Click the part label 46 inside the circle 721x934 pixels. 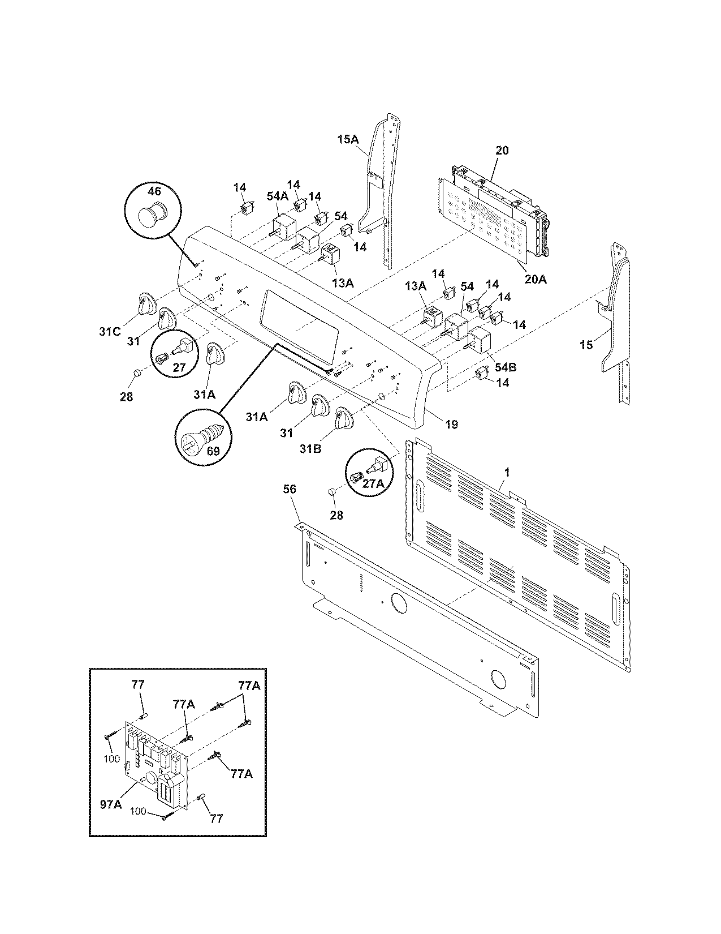(x=155, y=191)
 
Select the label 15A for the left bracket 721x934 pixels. (x=348, y=138)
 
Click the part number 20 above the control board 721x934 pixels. (x=502, y=151)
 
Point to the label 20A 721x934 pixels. (x=534, y=279)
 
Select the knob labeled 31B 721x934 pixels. (x=343, y=419)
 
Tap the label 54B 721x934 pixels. (x=505, y=367)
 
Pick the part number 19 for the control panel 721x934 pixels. (x=451, y=424)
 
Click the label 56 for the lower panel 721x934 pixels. (x=289, y=489)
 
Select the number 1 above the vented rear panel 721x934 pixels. (x=507, y=471)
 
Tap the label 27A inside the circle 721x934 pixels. (x=373, y=485)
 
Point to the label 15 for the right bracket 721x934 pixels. (x=586, y=344)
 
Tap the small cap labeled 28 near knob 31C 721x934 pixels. (x=137, y=373)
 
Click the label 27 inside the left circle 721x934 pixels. (x=179, y=367)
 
